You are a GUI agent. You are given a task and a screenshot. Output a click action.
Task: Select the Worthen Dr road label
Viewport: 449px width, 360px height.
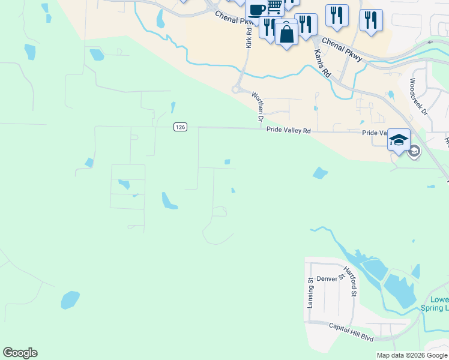coord(258,107)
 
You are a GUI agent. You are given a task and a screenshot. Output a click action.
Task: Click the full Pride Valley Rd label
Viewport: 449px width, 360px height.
coord(289,130)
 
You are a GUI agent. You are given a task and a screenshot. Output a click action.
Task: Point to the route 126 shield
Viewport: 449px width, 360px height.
coord(181,127)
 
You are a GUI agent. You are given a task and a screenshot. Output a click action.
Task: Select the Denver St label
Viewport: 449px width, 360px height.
coord(331,279)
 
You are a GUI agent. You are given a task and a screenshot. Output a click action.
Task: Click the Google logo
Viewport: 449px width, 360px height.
coord(20,353)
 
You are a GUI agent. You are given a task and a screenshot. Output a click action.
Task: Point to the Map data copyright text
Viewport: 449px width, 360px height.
coord(412,355)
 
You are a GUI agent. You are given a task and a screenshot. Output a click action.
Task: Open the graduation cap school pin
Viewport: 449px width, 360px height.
coord(399,140)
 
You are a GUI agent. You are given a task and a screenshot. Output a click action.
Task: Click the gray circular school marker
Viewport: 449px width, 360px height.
coord(414,152)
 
